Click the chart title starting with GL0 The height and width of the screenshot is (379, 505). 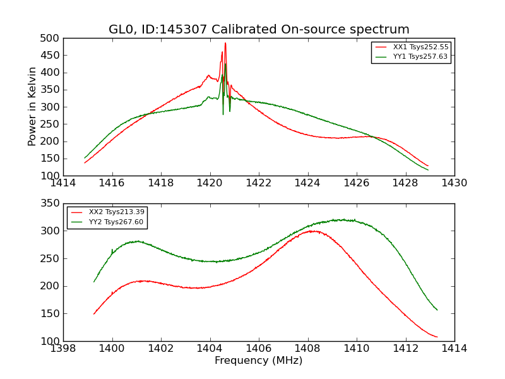coord(259,30)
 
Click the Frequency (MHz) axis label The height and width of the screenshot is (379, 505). coord(258,361)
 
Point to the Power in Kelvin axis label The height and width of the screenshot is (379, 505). coord(33,107)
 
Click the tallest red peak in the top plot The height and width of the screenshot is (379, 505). coord(225,44)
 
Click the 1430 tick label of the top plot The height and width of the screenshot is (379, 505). coord(454,183)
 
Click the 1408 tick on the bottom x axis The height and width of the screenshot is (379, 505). coord(307,348)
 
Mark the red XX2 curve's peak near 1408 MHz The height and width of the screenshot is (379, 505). coord(312,231)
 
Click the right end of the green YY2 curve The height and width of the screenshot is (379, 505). coord(437,310)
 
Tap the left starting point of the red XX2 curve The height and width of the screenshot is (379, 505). coord(94,314)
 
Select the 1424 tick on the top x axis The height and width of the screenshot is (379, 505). coord(307,183)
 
